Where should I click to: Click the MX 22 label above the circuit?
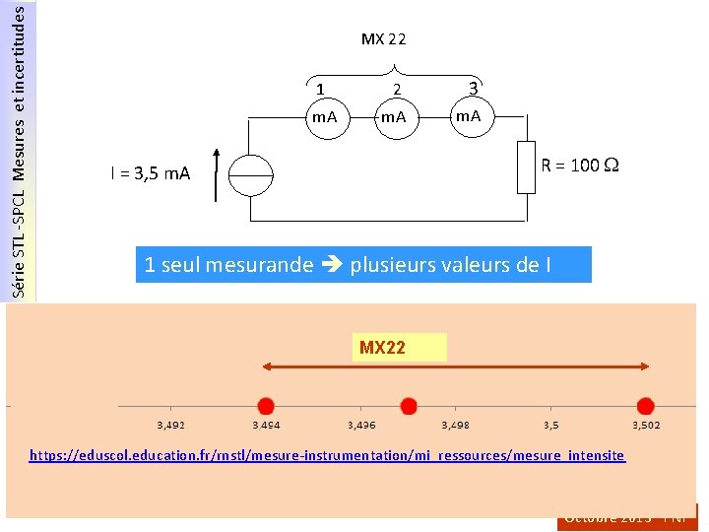click(383, 39)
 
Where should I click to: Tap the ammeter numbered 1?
click(324, 117)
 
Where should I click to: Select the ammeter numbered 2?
click(395, 117)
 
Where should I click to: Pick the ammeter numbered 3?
click(468, 116)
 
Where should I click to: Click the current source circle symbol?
click(252, 177)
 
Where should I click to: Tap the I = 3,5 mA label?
click(151, 174)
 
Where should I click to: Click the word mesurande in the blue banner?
click(260, 264)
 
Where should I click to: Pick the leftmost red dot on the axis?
click(265, 405)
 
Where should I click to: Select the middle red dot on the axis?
click(409, 405)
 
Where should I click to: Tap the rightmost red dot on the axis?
click(645, 405)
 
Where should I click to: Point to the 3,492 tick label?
click(171, 426)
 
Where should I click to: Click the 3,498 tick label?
click(455, 426)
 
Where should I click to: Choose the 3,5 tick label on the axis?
click(550, 426)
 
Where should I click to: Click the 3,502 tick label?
click(645, 426)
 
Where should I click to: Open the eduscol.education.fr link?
click(327, 456)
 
